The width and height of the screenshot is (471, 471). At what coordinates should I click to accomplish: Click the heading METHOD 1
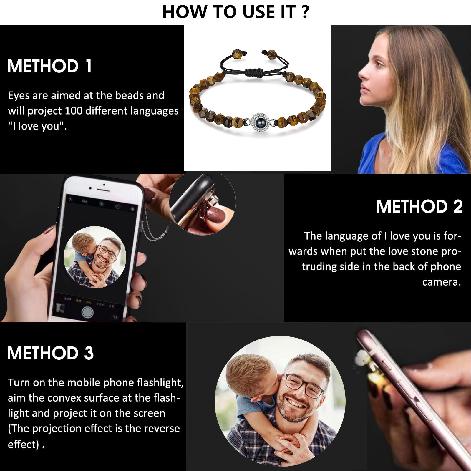coord(49,66)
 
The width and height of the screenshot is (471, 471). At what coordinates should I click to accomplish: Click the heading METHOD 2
coord(419,206)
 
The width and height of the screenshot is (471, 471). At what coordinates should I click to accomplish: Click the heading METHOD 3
coord(50,353)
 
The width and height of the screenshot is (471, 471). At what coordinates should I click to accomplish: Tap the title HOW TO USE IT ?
coord(235,12)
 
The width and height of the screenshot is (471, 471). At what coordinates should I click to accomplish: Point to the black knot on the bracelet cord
coord(256,72)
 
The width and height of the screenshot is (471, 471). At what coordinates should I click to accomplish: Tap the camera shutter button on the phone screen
coord(87,312)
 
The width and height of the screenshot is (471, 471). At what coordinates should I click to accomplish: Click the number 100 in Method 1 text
coord(74,111)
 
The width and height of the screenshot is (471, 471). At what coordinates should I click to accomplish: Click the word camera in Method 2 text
coord(441,282)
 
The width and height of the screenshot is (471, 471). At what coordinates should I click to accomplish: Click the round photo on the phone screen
coord(95,257)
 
